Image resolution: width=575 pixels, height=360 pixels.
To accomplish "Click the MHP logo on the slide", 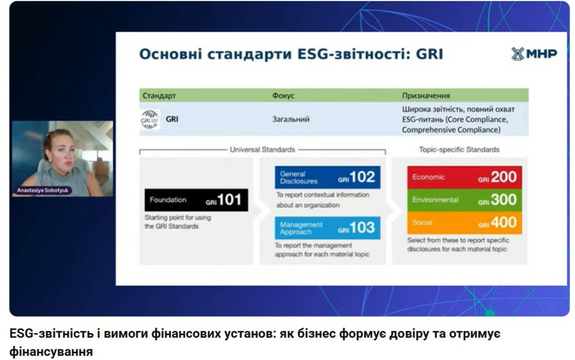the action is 534,54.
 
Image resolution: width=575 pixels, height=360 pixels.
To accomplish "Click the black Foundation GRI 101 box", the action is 196,200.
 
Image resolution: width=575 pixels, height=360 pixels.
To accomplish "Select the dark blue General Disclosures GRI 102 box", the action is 327,177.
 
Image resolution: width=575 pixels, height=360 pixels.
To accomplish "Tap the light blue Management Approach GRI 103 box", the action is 327,228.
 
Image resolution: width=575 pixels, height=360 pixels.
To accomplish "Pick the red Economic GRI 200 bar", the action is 464,177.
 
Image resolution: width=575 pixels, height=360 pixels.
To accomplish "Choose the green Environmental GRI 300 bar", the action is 464,200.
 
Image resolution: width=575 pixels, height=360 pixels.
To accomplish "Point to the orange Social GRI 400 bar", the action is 464,222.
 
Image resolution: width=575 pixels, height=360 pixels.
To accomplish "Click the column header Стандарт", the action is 159,95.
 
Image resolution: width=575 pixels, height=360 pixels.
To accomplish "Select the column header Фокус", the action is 283,95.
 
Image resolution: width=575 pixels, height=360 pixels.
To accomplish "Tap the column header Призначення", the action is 426,95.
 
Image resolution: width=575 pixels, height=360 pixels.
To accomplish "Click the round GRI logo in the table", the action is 149,120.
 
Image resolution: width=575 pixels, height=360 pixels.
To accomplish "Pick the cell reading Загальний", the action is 291,119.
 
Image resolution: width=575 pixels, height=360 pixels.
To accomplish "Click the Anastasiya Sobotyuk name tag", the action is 43,190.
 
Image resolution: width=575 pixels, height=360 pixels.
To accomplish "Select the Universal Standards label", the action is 263,149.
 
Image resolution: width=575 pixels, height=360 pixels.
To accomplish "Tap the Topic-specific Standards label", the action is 459,149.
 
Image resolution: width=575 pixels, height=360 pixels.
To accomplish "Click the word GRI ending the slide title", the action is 430,54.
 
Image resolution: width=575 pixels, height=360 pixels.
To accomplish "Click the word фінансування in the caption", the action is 51,352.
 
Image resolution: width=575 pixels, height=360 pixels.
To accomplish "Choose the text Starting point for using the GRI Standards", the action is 178,222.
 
